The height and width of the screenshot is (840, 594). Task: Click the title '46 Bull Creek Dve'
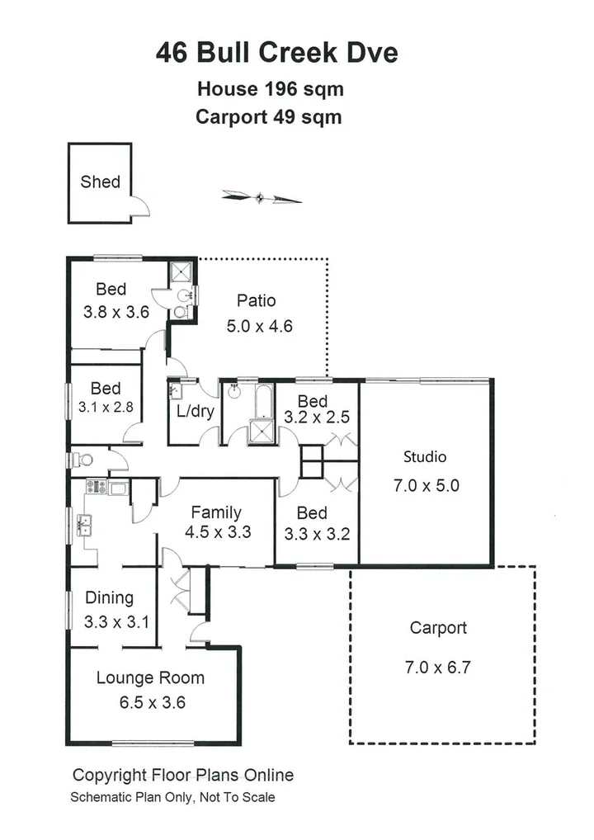click(277, 54)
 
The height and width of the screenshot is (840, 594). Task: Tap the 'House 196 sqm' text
click(269, 88)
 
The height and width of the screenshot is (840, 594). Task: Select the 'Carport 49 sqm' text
click(268, 117)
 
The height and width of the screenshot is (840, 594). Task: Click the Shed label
click(100, 182)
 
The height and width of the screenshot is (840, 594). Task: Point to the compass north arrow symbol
click(261, 196)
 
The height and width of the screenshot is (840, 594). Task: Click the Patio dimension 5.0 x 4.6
click(259, 326)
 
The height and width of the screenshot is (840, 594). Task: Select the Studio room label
click(424, 456)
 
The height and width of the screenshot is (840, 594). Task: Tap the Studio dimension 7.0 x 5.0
click(426, 485)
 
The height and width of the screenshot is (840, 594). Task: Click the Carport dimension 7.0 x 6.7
click(437, 668)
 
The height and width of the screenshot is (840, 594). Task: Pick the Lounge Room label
click(150, 678)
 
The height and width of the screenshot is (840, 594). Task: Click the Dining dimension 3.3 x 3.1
click(116, 622)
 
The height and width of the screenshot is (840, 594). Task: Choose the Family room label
click(216, 512)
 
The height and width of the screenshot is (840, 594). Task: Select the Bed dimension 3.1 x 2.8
click(106, 406)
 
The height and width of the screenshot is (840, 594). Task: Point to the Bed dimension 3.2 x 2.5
click(316, 418)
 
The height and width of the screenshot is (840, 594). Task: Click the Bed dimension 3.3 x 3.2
click(317, 534)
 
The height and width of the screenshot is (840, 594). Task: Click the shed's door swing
click(139, 206)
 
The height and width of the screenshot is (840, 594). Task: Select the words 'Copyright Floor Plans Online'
click(183, 775)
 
